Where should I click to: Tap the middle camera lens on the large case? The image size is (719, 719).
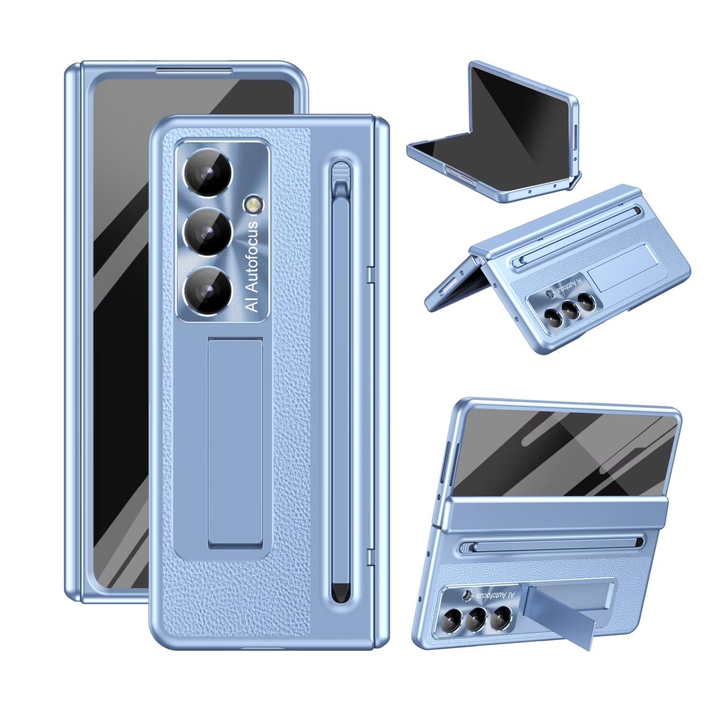[x=208, y=234]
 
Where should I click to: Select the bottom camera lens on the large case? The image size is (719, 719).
[x=208, y=290]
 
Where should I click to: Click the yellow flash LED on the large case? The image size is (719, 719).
[x=251, y=205]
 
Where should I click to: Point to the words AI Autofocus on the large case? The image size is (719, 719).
[x=253, y=267]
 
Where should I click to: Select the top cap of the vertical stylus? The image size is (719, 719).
[x=340, y=174]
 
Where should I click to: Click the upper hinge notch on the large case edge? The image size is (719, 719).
[x=370, y=274]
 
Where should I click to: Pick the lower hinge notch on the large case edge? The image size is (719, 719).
[x=370, y=557]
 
